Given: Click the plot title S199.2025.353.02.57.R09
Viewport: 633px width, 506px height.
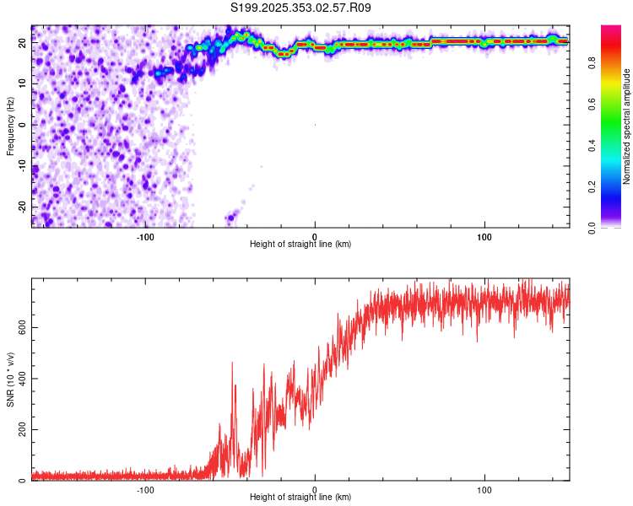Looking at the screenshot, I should pyautogui.click(x=300, y=8).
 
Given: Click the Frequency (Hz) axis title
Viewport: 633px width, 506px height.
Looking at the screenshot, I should pyautogui.click(x=10, y=126).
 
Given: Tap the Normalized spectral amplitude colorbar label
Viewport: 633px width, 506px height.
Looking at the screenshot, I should pyautogui.click(x=626, y=127).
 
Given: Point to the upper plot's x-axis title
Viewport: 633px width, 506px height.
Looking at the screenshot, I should pyautogui.click(x=300, y=245).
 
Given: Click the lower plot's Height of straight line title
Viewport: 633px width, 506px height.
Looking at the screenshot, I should pyautogui.click(x=300, y=498).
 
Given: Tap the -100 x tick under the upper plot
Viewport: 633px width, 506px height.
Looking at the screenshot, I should pyautogui.click(x=144, y=236).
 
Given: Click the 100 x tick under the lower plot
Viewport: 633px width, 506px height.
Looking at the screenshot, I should pyautogui.click(x=484, y=489).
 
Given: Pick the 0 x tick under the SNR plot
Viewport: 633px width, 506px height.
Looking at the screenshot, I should pyautogui.click(x=315, y=489).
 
